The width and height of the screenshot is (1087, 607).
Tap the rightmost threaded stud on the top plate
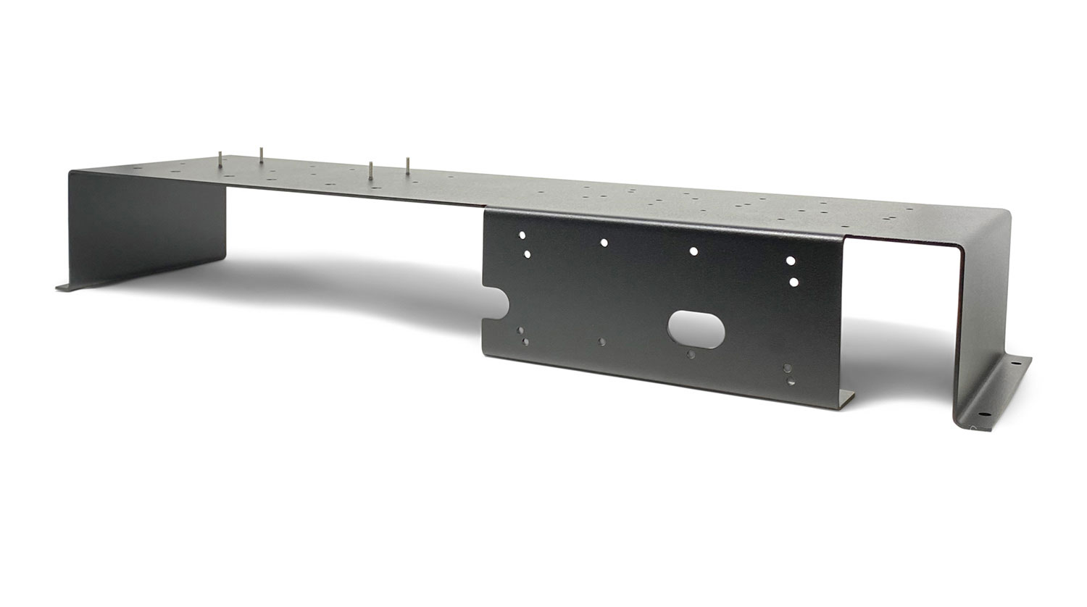pos(408,165)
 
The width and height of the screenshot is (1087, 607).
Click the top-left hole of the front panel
pos(521,235)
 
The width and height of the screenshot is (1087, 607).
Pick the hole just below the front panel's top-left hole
pos(527,254)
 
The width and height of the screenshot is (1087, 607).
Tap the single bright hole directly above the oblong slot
pos(694,251)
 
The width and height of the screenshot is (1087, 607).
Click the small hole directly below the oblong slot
pos(691,355)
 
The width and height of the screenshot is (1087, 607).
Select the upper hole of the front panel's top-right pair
pos(790,259)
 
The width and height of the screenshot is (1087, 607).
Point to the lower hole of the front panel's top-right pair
pos(794,281)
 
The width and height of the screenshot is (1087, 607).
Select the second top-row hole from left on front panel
pos(604,243)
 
